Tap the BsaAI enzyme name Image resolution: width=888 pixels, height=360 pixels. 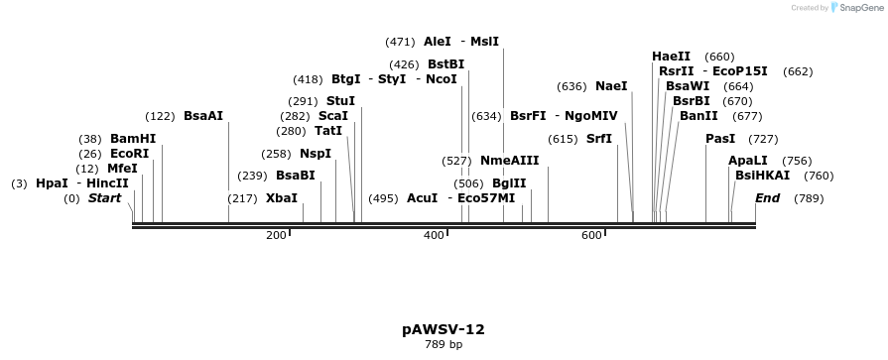click(203, 116)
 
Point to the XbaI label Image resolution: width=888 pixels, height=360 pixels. click(282, 198)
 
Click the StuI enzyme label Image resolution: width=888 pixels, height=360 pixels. click(340, 101)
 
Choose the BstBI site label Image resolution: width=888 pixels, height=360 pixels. click(445, 64)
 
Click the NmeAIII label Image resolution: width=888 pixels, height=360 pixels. click(509, 161)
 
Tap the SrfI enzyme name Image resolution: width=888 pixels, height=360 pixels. click(599, 139)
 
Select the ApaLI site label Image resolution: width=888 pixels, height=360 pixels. click(748, 161)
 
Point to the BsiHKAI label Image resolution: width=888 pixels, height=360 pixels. click(763, 176)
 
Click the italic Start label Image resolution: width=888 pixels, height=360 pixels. click(104, 198)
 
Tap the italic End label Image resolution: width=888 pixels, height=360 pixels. click(767, 198)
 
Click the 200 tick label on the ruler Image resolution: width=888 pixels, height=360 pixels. click(276, 235)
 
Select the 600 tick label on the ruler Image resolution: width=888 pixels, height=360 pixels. click(591, 235)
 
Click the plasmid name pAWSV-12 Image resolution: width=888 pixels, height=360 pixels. click(444, 329)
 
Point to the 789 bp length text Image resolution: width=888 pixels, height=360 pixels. click(444, 345)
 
